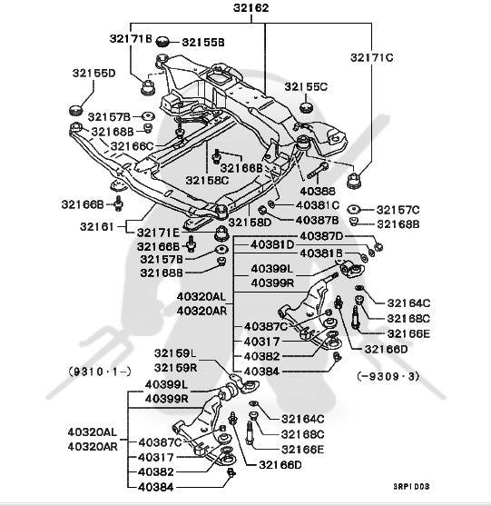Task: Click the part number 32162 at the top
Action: pos(250,8)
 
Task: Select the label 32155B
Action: pos(203,43)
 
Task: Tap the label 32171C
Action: pos(372,57)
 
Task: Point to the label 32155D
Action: pos(93,73)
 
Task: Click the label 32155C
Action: pos(306,87)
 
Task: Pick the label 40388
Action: pos(318,191)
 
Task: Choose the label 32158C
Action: pos(207,180)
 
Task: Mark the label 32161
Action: pos(97,226)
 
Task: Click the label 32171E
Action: pos(158,233)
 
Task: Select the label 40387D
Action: pos(321,236)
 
